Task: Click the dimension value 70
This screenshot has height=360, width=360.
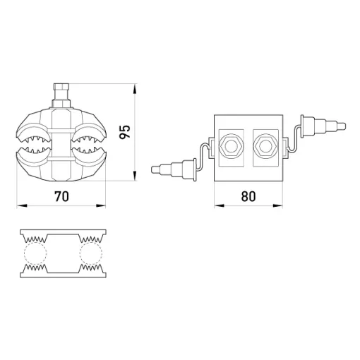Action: [61, 196]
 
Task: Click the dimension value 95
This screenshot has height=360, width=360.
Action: [124, 132]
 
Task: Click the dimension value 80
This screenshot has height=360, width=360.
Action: [248, 196]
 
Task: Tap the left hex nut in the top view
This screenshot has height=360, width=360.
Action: [231, 147]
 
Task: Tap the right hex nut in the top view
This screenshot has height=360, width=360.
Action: [265, 147]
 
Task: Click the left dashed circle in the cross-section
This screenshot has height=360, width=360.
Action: [35, 253]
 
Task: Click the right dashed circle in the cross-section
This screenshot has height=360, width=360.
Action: [91, 253]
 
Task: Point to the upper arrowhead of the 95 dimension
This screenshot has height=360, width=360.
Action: [135, 90]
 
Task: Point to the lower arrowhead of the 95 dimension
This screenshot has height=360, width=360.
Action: [135, 176]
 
